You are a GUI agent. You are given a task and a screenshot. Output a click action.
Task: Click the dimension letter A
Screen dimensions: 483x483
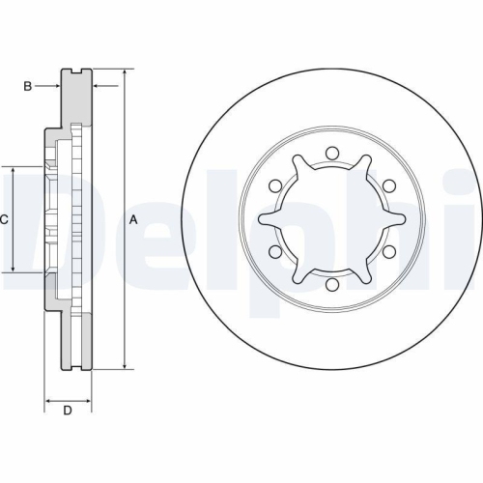pyautogui.click(x=133, y=220)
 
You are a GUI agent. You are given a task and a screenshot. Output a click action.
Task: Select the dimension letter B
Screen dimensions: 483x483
pyautogui.click(x=28, y=87)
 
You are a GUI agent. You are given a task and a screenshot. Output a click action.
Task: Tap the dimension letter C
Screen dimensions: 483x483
pyautogui.click(x=5, y=220)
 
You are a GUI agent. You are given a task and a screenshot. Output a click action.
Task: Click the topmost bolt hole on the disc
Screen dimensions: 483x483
pyautogui.click(x=330, y=153)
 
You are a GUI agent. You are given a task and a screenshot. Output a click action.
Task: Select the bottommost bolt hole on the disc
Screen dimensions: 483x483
pyautogui.click(x=330, y=285)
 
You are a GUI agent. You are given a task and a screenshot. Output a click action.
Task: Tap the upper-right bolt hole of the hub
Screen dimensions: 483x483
pyautogui.click(x=388, y=185)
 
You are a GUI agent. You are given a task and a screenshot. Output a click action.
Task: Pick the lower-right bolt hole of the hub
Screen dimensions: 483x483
pyautogui.click(x=388, y=252)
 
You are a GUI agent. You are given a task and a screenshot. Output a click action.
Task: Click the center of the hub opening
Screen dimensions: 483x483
pyautogui.click(x=330, y=219)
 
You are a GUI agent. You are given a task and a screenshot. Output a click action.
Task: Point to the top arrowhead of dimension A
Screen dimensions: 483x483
pyautogui.click(x=125, y=73)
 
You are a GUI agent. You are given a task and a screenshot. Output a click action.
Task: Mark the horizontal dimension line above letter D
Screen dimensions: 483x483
pyautogui.click(x=68, y=398)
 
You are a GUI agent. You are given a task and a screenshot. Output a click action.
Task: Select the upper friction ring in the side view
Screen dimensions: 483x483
pyautogui.click(x=76, y=97)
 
